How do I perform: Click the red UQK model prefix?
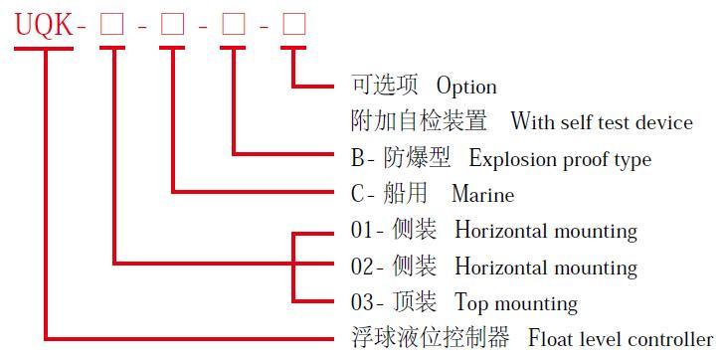click(44, 25)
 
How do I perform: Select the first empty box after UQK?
click(112, 25)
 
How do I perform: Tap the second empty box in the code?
click(173, 25)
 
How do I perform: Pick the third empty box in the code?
click(234, 25)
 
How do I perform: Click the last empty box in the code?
click(294, 25)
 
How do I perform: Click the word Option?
click(466, 87)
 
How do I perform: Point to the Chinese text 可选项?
click(385, 86)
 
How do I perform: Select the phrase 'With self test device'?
click(601, 122)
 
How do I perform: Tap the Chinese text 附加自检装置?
click(419, 122)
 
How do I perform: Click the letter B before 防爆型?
click(358, 158)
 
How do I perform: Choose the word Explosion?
click(510, 159)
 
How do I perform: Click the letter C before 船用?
click(358, 195)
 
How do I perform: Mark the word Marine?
click(482, 195)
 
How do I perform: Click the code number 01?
click(362, 231)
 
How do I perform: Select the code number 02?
click(362, 268)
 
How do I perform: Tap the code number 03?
click(362, 303)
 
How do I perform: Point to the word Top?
click(471, 303)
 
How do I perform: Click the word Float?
click(548, 339)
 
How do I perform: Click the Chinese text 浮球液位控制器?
click(430, 339)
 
